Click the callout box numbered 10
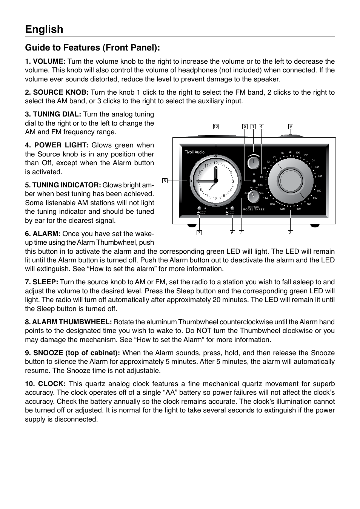click(215, 127)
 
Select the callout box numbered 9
click(291, 127)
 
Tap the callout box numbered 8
click(165, 181)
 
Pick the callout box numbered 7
click(199, 233)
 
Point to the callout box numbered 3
click(290, 233)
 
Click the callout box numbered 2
click(242, 233)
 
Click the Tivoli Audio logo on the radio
click(194, 152)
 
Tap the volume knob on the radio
click(253, 163)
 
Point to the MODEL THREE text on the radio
click(254, 210)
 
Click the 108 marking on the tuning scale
click(320, 176)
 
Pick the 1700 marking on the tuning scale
click(260, 185)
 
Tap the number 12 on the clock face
click(216, 163)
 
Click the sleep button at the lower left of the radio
click(198, 208)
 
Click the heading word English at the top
click(44, 29)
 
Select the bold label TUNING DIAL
click(53, 114)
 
